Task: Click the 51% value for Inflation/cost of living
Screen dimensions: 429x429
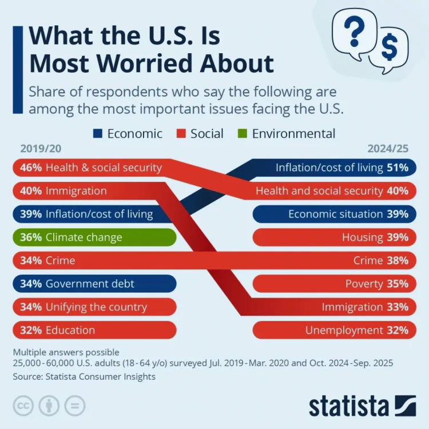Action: [x=398, y=168]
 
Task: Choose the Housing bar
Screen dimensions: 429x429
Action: [x=332, y=237]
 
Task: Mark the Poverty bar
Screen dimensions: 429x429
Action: [x=332, y=284]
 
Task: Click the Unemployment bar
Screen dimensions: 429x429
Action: [x=332, y=330]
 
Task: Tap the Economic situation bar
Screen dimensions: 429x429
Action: [x=332, y=214]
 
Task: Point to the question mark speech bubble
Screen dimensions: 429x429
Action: [x=355, y=31]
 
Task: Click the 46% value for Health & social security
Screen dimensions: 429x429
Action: [x=30, y=168]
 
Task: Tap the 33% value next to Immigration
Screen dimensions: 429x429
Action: [x=398, y=307]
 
